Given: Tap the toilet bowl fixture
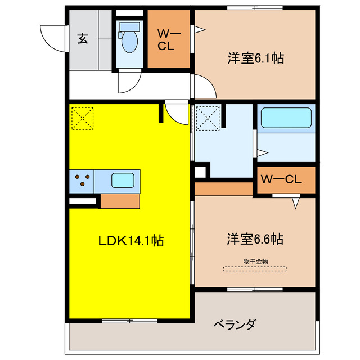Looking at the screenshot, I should pos(129,43).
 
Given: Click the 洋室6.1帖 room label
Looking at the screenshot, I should pos(255,57).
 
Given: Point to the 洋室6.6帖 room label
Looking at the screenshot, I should pos(255,239).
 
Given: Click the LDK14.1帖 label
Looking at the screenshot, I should pos(131,241).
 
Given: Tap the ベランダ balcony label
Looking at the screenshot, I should pos(235,325).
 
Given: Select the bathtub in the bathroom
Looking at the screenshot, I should pos(285,118).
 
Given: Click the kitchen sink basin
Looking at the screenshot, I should pos(122,181).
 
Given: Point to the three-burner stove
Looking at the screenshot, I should pos(82,181).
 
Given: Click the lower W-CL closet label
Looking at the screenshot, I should pos(281,180).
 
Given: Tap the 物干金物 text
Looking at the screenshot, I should pos(255,261).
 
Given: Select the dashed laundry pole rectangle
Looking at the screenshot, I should pos(255,268).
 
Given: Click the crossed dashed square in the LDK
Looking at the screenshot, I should pos(83,117).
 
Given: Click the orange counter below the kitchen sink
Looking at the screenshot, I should pos(119,201).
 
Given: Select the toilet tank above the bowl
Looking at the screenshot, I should pos(129,26).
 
